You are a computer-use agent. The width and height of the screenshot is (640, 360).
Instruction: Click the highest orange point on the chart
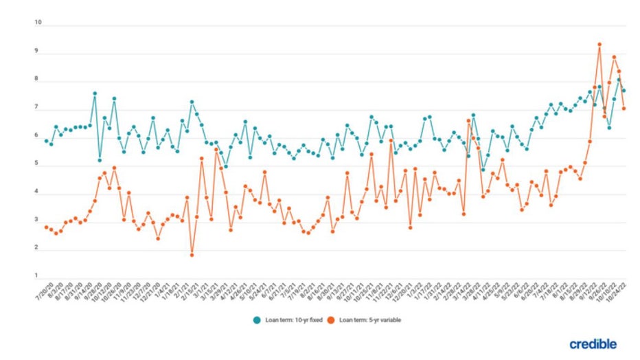tap(599, 45)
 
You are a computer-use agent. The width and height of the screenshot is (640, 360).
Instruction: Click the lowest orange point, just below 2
tap(192, 255)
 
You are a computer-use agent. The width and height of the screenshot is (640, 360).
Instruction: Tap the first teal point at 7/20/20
tap(46, 141)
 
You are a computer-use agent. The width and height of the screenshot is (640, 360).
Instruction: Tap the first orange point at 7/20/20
tap(46, 227)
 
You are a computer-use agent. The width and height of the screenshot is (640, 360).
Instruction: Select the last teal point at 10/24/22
tap(624, 91)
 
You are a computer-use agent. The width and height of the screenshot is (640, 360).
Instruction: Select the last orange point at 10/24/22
tap(624, 108)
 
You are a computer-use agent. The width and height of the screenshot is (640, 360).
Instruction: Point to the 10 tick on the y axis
tap(38, 23)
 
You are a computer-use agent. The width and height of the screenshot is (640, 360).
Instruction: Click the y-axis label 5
tap(38, 166)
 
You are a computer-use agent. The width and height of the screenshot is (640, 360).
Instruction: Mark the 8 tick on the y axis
tap(38, 80)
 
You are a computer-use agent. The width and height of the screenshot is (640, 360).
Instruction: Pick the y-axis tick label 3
tap(38, 222)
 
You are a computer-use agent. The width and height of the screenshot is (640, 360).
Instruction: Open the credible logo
tap(593, 343)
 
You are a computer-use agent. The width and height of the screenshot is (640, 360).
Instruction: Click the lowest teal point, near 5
tap(225, 166)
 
